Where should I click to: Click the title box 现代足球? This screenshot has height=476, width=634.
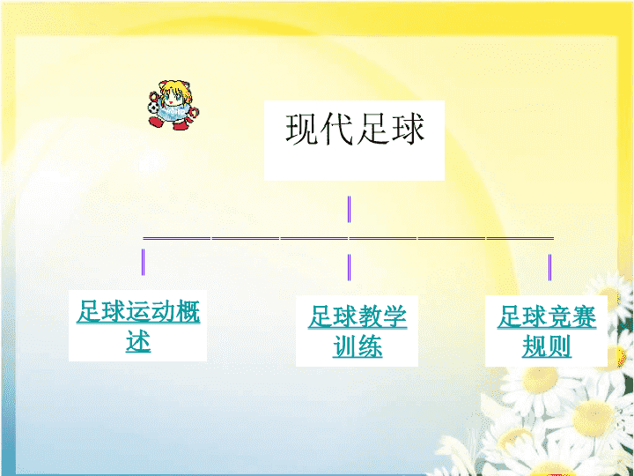pyautogui.click(x=354, y=140)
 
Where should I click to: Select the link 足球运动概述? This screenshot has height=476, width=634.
pyautogui.click(x=138, y=326)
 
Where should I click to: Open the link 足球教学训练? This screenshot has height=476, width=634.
pyautogui.click(x=357, y=331)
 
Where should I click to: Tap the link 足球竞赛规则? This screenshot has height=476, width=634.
pyautogui.click(x=546, y=331)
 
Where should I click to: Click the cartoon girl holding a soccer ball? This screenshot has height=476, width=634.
pyautogui.click(x=173, y=105)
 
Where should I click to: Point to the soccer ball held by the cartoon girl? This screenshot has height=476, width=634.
pyautogui.click(x=153, y=108)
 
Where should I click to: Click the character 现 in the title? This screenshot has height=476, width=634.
pyautogui.click(x=302, y=129)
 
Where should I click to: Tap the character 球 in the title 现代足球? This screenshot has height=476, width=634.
pyautogui.click(x=407, y=129)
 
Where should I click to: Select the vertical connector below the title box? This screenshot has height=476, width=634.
pyautogui.click(x=349, y=209)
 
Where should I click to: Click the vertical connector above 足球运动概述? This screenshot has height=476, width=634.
pyautogui.click(x=144, y=262)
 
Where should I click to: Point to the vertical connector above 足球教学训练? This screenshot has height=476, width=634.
pyautogui.click(x=349, y=267)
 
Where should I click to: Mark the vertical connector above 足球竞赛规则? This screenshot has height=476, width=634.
pyautogui.click(x=549, y=267)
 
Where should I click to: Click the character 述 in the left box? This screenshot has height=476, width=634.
pyautogui.click(x=138, y=342)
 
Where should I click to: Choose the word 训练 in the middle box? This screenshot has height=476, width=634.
pyautogui.click(x=358, y=346)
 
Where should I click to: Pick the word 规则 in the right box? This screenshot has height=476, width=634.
pyautogui.click(x=547, y=346)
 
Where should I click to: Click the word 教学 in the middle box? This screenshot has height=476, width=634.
pyautogui.click(x=382, y=316)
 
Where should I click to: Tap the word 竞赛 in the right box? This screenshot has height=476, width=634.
pyautogui.click(x=571, y=316)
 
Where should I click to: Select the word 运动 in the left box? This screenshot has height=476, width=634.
pyautogui.click(x=151, y=311)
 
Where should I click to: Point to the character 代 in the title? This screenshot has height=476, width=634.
pyautogui.click(x=337, y=129)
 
